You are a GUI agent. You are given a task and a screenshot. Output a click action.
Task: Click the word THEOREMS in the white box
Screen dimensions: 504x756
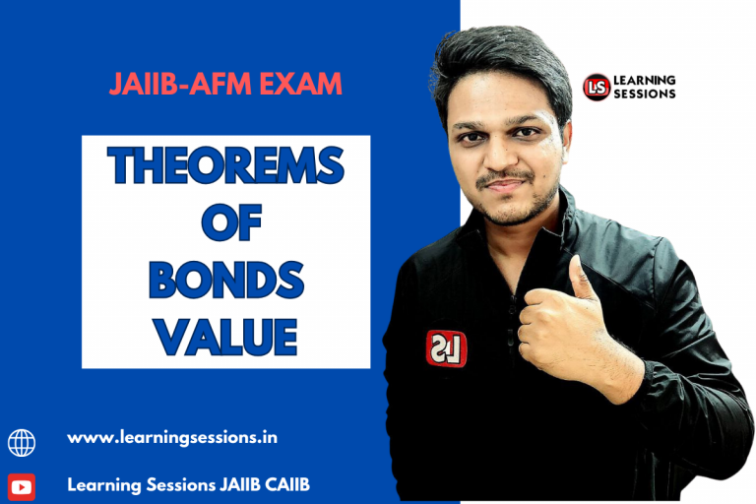pyautogui.click(x=225, y=166)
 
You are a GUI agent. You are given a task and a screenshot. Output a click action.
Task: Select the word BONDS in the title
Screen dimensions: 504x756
pyautogui.click(x=225, y=282)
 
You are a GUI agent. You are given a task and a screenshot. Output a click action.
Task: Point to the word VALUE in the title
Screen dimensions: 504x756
pyautogui.click(x=225, y=338)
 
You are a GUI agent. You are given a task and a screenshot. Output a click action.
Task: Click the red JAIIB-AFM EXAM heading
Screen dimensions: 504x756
pyautogui.click(x=225, y=85)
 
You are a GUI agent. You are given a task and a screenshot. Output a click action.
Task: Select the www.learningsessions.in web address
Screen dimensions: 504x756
pyautogui.click(x=172, y=437)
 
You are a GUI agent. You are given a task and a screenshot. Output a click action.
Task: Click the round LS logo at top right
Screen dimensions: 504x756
pyautogui.click(x=597, y=87)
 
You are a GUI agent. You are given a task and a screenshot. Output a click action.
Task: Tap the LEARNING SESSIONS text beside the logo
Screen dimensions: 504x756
pyautogui.click(x=645, y=87)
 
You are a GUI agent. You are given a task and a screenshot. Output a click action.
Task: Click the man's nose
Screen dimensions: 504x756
pyautogui.click(x=504, y=157)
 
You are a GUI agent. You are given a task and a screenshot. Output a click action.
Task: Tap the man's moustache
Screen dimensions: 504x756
pyautogui.click(x=506, y=180)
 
